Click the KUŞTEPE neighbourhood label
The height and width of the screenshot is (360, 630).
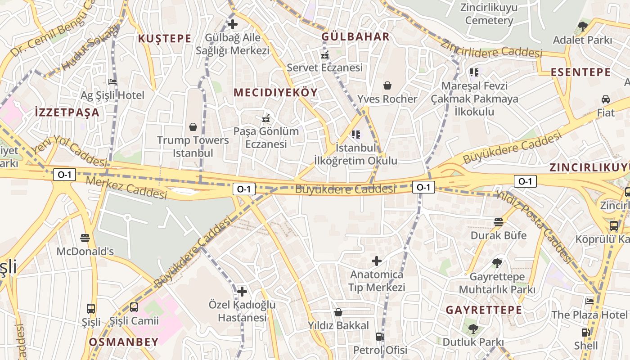pos(165,39)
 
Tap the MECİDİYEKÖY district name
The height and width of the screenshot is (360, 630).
pos(275,93)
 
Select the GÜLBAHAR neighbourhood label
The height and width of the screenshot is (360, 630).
pos(355,37)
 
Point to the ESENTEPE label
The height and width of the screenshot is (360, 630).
pos(581,72)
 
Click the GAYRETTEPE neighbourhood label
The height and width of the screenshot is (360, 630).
pos(484,310)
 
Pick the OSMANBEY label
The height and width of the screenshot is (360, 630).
pos(124,342)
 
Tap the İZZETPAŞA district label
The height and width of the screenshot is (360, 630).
pos(67,112)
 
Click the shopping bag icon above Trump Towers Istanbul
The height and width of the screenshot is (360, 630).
pos(193,127)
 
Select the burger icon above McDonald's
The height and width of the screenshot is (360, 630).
pos(85,238)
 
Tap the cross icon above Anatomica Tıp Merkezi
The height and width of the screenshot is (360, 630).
pos(377,261)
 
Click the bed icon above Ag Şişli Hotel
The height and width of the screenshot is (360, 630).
pos(112,82)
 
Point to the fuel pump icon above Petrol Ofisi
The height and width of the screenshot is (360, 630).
pos(380,337)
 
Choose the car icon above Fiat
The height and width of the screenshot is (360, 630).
pos(606,99)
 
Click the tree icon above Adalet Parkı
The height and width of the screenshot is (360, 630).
pos(583,27)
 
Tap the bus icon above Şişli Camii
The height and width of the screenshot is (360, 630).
pos(134,308)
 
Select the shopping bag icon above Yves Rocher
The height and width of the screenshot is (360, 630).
pos(387,85)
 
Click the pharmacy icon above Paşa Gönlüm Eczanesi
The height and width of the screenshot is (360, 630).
pos(266,119)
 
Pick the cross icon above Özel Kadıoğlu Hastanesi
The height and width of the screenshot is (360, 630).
pos(242,292)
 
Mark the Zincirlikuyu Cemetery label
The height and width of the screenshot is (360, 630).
pos(489,14)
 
